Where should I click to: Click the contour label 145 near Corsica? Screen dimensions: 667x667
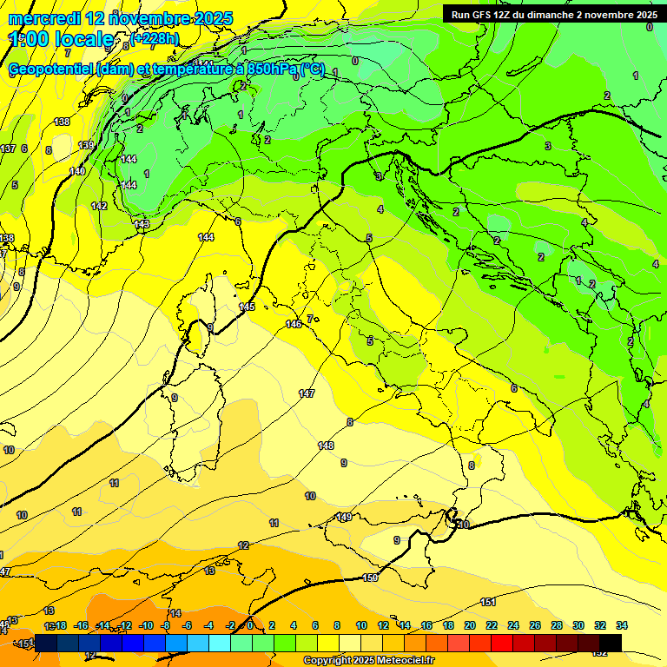pyautogui.click(x=247, y=307)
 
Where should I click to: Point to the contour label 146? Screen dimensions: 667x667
pyautogui.click(x=294, y=324)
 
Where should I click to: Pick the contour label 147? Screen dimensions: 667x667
pyautogui.click(x=307, y=393)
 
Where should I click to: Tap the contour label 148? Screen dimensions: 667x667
pyautogui.click(x=326, y=446)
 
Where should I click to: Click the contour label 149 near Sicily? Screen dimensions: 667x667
pyautogui.click(x=344, y=517)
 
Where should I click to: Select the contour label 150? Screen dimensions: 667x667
pyautogui.click(x=370, y=578)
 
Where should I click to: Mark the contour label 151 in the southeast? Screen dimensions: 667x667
pyautogui.click(x=488, y=602)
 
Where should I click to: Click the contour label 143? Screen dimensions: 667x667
pyautogui.click(x=142, y=224)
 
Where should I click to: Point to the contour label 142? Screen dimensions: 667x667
pyautogui.click(x=99, y=206)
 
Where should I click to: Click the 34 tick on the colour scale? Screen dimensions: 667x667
pyautogui.click(x=621, y=625)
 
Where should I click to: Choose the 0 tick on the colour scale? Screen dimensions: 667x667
pyautogui.click(x=250, y=625)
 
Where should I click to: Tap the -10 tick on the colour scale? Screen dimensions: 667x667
pyautogui.click(x=146, y=625)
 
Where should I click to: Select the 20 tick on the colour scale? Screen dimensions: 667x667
pyautogui.click(x=469, y=625)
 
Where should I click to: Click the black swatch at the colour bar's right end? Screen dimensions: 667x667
pyautogui.click(x=610, y=643)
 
